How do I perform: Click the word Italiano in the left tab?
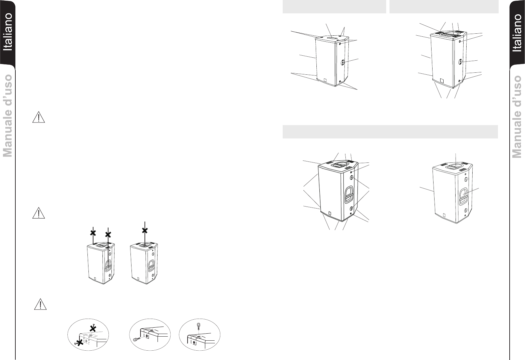click(8, 32)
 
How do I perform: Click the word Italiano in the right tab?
click(517, 33)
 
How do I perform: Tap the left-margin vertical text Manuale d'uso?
click(7, 116)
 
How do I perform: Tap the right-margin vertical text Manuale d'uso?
click(517, 117)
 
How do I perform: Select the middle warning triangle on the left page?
click(38, 213)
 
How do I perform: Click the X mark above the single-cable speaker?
click(145, 231)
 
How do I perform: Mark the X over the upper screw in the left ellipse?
click(93, 329)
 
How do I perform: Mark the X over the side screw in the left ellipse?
click(80, 343)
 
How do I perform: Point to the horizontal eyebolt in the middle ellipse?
click(137, 339)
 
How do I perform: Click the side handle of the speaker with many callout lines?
click(349, 194)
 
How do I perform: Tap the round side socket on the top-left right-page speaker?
click(343, 62)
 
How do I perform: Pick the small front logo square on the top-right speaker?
click(442, 80)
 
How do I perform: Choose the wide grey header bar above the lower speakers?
click(390, 132)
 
